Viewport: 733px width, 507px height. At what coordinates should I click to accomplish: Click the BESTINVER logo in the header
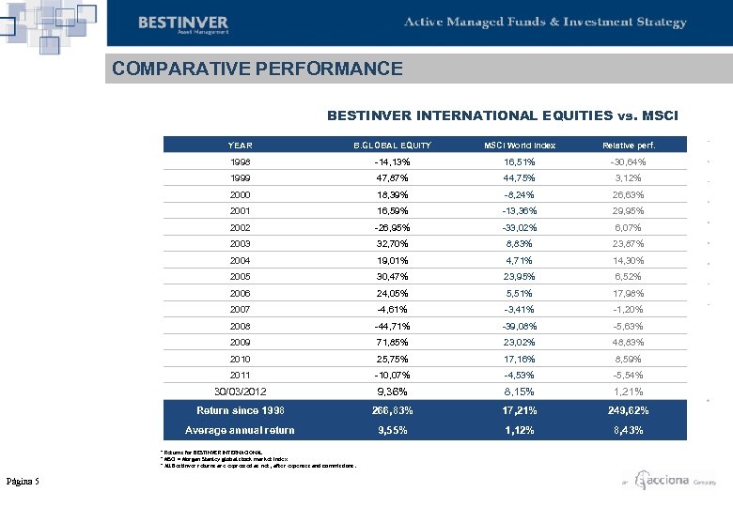[x=182, y=23]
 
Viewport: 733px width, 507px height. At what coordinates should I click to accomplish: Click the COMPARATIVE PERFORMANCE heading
[x=257, y=69]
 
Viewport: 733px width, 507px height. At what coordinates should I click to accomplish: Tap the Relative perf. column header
[x=629, y=146]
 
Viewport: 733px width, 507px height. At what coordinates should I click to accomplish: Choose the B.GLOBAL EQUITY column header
[x=392, y=146]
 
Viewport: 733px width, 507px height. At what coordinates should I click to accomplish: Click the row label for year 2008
[x=241, y=326]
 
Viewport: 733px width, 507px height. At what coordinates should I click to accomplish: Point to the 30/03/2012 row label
[x=241, y=392]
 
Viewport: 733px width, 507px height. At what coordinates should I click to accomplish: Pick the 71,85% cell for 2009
[x=392, y=343]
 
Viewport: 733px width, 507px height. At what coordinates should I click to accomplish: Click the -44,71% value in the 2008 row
[x=392, y=326]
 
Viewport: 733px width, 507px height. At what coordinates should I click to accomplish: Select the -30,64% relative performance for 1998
[x=629, y=161]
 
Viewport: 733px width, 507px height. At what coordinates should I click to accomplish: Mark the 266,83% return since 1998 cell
[x=392, y=410]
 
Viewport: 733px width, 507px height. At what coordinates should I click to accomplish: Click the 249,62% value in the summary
[x=629, y=410]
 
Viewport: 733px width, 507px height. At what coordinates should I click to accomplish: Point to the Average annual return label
[x=241, y=430]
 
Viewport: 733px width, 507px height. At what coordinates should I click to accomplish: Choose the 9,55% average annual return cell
[x=392, y=430]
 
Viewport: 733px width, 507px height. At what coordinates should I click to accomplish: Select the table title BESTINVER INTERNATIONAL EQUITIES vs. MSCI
[x=508, y=115]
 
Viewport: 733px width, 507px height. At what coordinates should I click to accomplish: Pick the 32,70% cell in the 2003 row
[x=392, y=244]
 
